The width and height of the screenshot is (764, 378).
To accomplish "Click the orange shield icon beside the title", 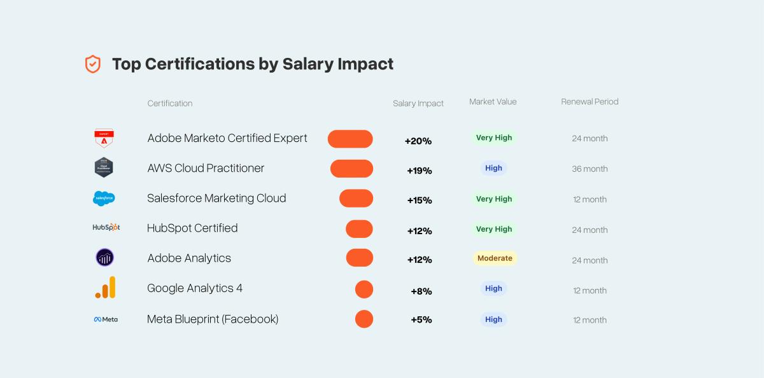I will pyautogui.click(x=93, y=64).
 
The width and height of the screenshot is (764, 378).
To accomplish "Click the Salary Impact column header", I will pyautogui.click(x=418, y=103).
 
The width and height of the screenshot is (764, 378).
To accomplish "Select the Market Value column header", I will pyautogui.click(x=493, y=102).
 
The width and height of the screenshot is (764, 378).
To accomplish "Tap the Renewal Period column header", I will pyautogui.click(x=590, y=102).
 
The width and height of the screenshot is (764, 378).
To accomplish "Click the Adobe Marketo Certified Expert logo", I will pyautogui.click(x=104, y=138).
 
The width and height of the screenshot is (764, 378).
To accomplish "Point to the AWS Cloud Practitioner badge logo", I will pyautogui.click(x=104, y=168).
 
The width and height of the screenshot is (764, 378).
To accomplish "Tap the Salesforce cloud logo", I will pyautogui.click(x=104, y=199).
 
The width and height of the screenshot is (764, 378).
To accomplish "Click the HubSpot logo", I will pyautogui.click(x=106, y=227).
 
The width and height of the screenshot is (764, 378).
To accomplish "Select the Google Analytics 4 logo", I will pyautogui.click(x=106, y=288).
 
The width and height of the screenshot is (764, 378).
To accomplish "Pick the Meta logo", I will pyautogui.click(x=106, y=319).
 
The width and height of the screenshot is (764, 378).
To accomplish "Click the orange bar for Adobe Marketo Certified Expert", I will pyautogui.click(x=350, y=139).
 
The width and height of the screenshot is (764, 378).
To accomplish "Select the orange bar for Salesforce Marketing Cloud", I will pyautogui.click(x=356, y=199).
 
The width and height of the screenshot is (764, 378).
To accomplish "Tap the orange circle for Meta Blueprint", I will pyautogui.click(x=364, y=319).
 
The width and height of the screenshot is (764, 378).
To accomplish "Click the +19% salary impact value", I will pyautogui.click(x=419, y=171).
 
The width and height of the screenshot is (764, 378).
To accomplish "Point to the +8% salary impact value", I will pyautogui.click(x=421, y=291).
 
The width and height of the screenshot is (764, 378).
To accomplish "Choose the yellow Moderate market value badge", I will pyautogui.click(x=494, y=258).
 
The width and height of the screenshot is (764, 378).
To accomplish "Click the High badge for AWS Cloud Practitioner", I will pyautogui.click(x=493, y=169).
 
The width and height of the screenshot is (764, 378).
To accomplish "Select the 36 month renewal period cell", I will pyautogui.click(x=590, y=169).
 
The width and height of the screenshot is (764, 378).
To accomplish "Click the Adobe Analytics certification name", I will pyautogui.click(x=189, y=258).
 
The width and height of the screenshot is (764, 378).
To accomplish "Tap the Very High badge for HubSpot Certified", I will pyautogui.click(x=494, y=229).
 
